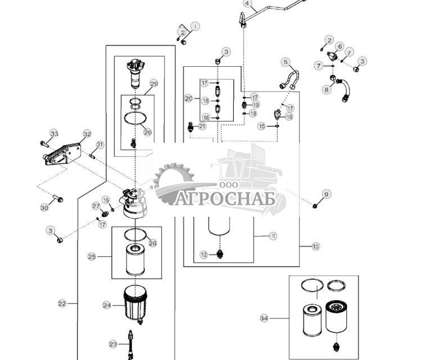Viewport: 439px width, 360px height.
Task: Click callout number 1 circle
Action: pyautogui.click(x=195, y=26)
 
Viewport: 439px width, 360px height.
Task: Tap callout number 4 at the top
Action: pyautogui.click(x=246, y=3)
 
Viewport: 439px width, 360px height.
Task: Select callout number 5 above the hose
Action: pyautogui.click(x=286, y=62)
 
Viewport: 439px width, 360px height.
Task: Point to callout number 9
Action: pyautogui.click(x=327, y=194)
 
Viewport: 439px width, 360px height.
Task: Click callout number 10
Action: pyautogui.click(x=315, y=246)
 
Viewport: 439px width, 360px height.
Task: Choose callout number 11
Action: pyautogui.click(x=273, y=236)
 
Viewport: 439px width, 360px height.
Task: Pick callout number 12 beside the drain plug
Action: pyautogui.click(x=205, y=254)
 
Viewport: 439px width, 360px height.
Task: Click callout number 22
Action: pyautogui.click(x=62, y=303)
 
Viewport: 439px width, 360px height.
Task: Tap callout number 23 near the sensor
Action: pyautogui.click(x=113, y=344)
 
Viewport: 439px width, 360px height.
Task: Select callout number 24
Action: pyautogui.click(x=107, y=305)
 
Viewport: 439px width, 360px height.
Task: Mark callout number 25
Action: pyautogui.click(x=92, y=256)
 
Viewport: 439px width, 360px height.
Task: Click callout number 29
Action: pyautogui.click(x=153, y=83)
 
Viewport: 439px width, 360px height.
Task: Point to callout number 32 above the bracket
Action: pyautogui.click(x=87, y=134)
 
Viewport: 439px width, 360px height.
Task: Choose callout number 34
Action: pyautogui.click(x=264, y=318)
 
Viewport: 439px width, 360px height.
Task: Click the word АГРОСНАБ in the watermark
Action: pyautogui.click(x=225, y=199)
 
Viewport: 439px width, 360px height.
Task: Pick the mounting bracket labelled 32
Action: pyautogui.click(x=63, y=153)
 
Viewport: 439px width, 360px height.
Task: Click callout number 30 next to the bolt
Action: pyautogui.click(x=44, y=208)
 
